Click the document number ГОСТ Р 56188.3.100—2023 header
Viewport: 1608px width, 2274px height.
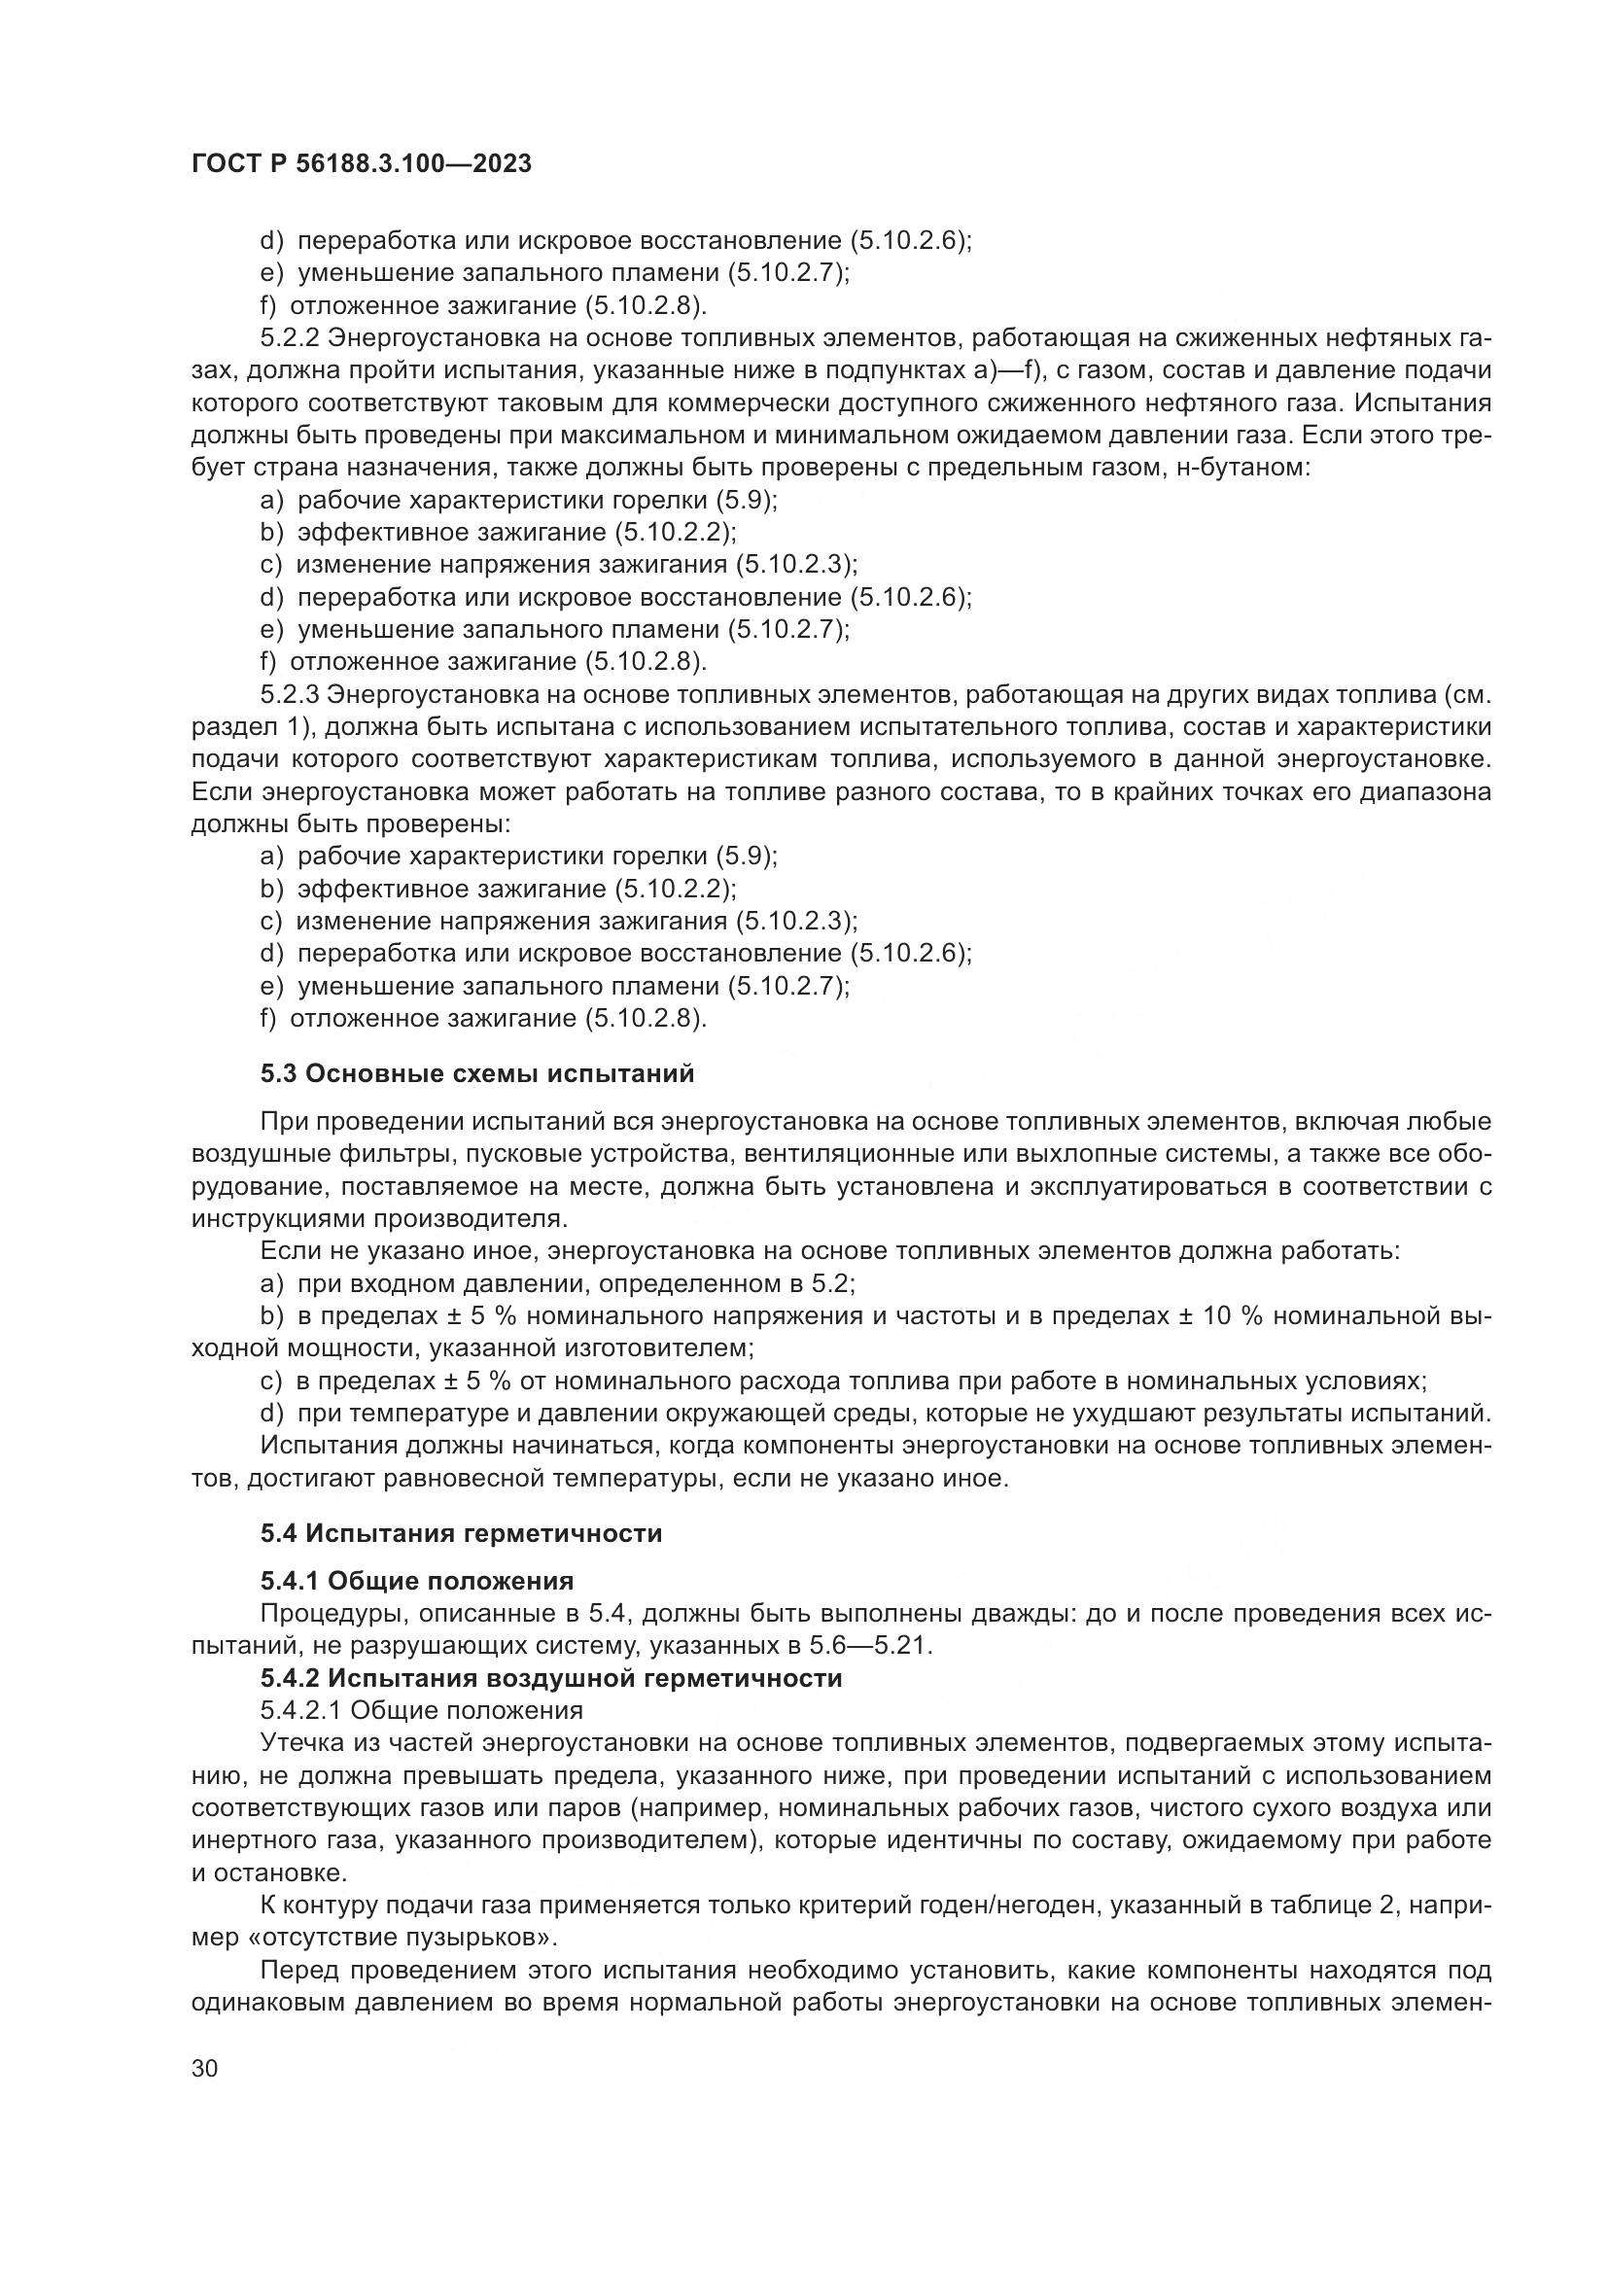click(362, 164)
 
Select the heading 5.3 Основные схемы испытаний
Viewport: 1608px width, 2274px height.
click(477, 1073)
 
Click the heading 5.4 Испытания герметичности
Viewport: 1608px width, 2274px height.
click(462, 1534)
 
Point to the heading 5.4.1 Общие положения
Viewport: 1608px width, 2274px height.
click(417, 1581)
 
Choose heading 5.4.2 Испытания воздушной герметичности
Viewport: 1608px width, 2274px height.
click(551, 1679)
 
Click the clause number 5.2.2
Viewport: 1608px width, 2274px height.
click(289, 338)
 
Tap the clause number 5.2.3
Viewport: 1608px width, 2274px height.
click(289, 695)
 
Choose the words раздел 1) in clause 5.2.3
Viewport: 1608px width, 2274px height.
click(252, 728)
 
